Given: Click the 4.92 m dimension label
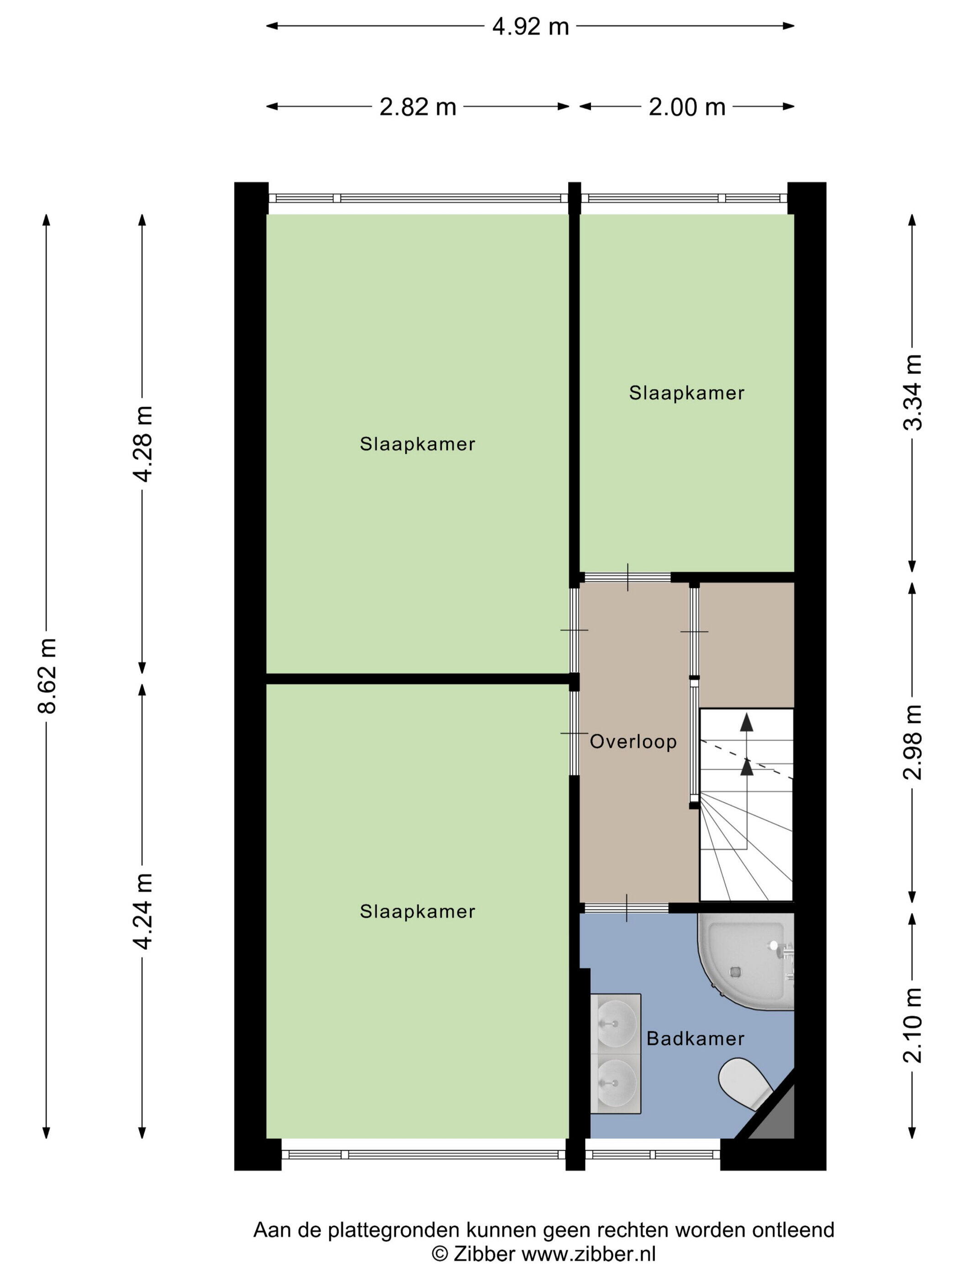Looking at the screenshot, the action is (530, 26).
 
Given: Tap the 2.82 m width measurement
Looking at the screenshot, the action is (417, 107).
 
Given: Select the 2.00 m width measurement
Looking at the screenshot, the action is (686, 107).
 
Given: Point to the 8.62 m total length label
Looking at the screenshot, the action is (47, 676).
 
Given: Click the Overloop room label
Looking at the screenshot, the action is (633, 741).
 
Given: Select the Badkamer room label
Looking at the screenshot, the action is (696, 1038).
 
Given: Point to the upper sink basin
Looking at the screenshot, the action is (616, 1023).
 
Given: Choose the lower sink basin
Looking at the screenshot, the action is (616, 1080).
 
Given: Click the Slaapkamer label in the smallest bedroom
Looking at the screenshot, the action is (686, 393).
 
